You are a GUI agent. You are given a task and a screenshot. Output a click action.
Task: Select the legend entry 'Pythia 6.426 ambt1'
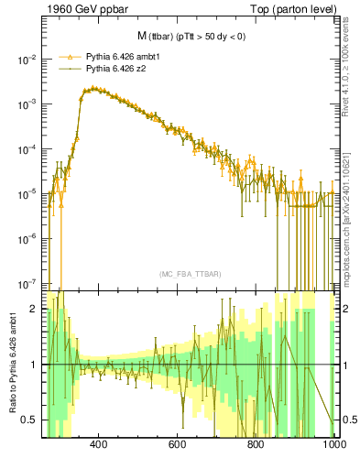pos(125,56)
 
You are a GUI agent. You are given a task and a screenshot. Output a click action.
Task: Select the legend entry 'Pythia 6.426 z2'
pos(117,68)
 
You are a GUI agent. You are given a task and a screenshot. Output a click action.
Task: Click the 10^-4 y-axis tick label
pos(25,149)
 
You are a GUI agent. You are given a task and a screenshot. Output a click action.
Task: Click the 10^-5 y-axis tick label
pos(25,194)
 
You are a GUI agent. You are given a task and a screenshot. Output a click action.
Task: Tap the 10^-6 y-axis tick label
pos(25,239)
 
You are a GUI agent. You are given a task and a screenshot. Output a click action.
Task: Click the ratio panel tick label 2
pos(33,309)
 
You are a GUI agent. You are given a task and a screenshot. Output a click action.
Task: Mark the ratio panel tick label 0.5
pos(29,420)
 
